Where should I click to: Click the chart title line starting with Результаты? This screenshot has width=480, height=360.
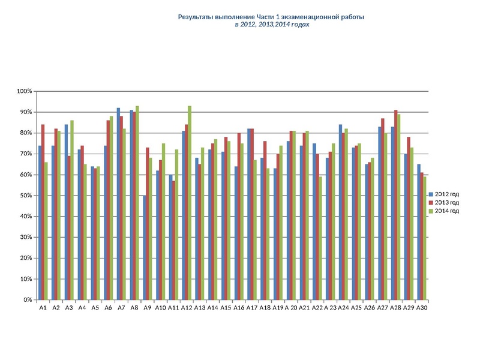(x=271, y=17)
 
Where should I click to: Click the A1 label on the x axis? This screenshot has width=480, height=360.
(x=43, y=308)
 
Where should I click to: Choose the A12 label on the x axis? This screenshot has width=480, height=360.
(x=187, y=308)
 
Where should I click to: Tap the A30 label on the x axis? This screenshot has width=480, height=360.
(x=422, y=308)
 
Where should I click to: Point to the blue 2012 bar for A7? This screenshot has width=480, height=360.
(x=118, y=204)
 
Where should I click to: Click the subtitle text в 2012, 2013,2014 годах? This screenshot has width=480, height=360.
(x=271, y=26)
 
